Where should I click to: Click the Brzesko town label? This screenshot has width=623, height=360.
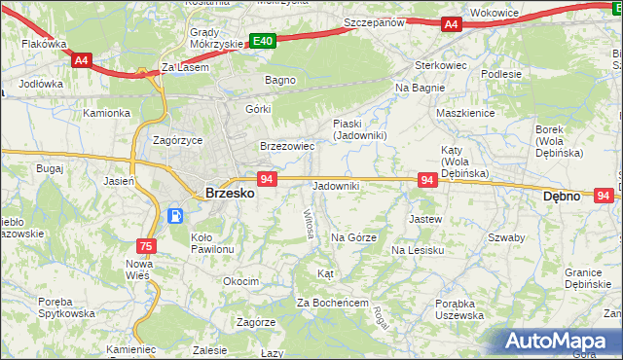[x=231, y=194]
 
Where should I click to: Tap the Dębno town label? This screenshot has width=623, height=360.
[x=561, y=196]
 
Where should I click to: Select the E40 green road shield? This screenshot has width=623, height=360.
[x=263, y=41]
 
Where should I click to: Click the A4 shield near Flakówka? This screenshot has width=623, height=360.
[x=82, y=60]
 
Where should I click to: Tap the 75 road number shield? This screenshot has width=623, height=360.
[x=146, y=246]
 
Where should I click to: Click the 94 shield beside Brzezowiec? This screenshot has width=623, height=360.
[x=269, y=179]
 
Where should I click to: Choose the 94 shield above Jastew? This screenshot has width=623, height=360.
[x=426, y=180]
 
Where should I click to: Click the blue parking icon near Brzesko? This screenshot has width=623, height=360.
[x=176, y=216]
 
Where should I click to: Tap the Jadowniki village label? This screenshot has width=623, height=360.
[x=336, y=186]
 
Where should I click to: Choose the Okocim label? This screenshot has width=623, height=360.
[x=240, y=281]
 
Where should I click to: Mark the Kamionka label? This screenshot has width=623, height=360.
[x=106, y=113]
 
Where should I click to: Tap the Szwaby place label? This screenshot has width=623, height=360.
[x=506, y=237]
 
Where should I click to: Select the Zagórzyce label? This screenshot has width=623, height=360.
[x=178, y=140]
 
